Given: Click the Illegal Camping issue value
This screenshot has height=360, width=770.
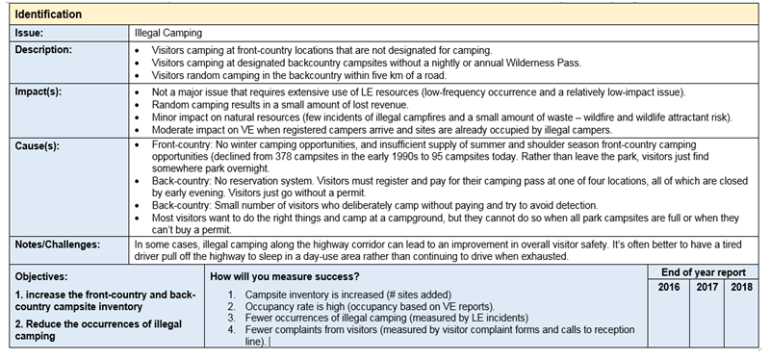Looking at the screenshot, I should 168,33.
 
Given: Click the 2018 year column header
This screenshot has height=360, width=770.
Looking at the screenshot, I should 738,287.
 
